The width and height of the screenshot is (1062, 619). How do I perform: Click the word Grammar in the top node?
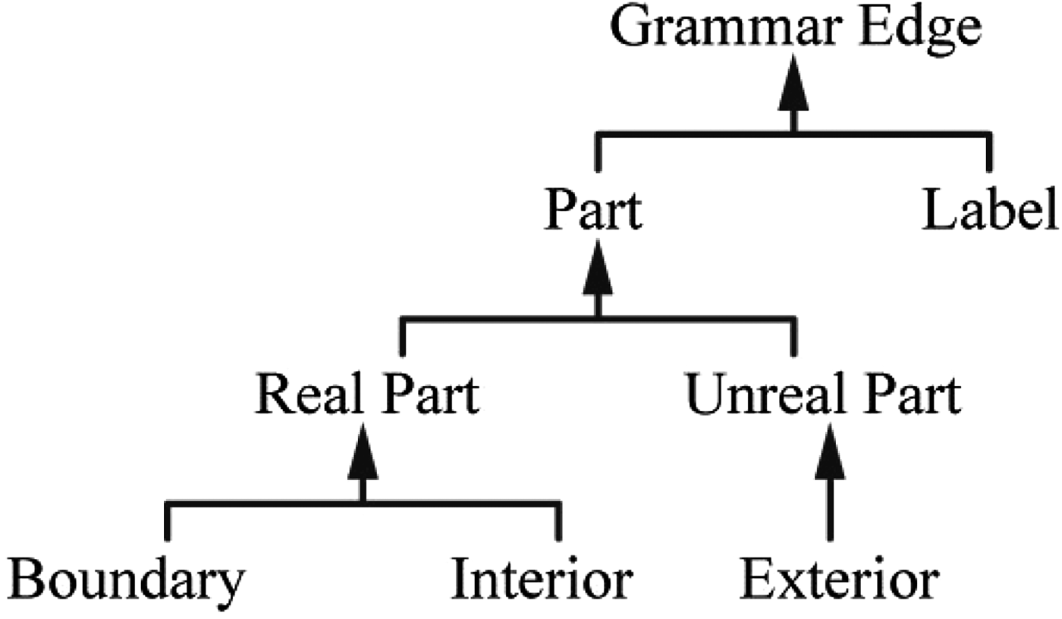pos(723,29)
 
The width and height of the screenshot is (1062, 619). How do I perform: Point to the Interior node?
pos(542,582)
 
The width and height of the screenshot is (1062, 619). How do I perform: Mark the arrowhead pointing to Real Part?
pos(363,453)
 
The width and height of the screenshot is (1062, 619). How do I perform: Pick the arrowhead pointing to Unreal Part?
pos(829,453)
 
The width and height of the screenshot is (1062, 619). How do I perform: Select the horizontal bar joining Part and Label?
pos(872,135)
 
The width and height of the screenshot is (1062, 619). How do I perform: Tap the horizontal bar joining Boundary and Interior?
pos(455,503)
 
